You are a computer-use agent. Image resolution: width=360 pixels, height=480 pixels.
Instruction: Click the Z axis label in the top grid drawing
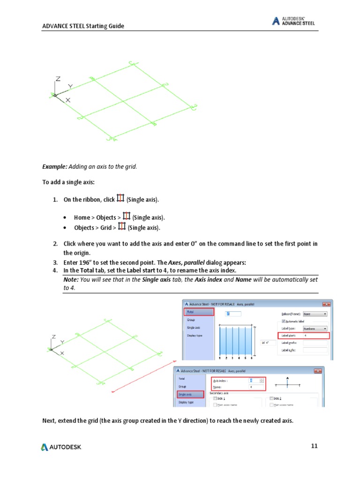(x=58, y=79)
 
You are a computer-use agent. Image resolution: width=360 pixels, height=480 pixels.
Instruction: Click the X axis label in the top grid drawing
(x=68, y=100)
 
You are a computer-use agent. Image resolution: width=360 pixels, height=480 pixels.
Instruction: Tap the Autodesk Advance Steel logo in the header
(x=293, y=21)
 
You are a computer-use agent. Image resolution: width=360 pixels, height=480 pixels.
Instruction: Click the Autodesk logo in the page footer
(x=61, y=447)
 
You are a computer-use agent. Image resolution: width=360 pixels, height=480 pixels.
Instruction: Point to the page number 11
(x=315, y=446)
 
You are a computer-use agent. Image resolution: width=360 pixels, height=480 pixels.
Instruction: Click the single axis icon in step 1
(x=120, y=199)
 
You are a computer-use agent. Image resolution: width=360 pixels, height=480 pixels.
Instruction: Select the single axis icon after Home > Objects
(x=126, y=217)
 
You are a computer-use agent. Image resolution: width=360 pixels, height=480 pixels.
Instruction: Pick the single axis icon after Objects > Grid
(x=121, y=227)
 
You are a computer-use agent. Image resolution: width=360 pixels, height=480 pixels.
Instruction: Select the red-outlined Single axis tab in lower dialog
(x=190, y=394)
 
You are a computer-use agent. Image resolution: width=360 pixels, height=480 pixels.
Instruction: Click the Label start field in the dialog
(x=315, y=336)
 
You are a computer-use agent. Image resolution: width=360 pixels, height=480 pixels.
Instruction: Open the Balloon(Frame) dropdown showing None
(x=315, y=314)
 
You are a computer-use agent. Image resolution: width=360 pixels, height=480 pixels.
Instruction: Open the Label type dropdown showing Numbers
(x=315, y=329)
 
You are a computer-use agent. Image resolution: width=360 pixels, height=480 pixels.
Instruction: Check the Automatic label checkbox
(x=283, y=321)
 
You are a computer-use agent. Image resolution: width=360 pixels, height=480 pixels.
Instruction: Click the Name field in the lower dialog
(x=256, y=387)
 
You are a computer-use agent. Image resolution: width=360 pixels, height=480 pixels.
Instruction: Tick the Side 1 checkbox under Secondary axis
(x=215, y=398)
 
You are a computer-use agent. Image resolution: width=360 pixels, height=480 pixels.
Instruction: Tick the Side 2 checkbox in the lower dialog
(x=272, y=398)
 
